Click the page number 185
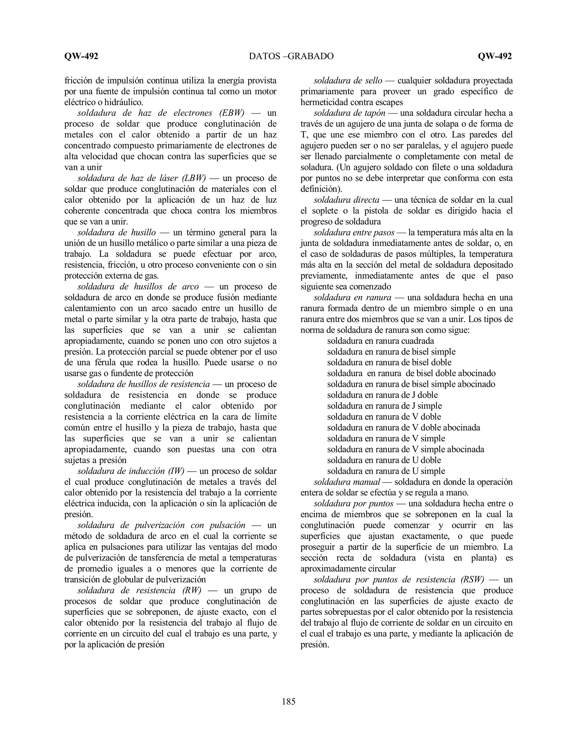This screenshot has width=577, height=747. pyautogui.click(x=288, y=702)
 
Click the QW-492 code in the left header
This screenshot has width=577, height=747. pyautogui.click(x=81, y=56)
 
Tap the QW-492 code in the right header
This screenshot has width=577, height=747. pyautogui.click(x=495, y=56)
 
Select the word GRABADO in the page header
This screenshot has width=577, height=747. pyautogui.click(x=311, y=56)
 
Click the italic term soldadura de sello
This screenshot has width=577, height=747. pyautogui.click(x=348, y=81)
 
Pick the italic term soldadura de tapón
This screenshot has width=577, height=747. pyautogui.click(x=349, y=113)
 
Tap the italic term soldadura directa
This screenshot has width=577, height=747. pyautogui.click(x=346, y=200)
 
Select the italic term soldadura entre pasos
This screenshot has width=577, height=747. pyautogui.click(x=354, y=233)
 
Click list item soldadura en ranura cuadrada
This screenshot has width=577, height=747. pyautogui.click(x=380, y=341)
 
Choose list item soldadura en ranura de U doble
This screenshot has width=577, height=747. pyautogui.click(x=384, y=460)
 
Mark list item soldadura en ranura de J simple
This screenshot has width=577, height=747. pyautogui.click(x=384, y=406)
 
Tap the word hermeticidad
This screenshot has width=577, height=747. pyautogui.click(x=327, y=102)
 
